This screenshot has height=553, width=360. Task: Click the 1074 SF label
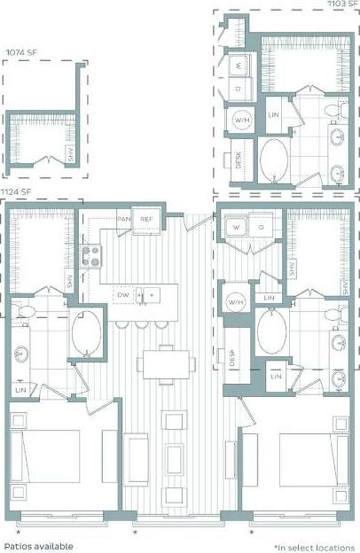20,52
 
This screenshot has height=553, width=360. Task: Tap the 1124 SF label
16,191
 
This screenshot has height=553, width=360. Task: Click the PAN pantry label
124,219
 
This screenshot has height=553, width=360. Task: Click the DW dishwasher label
124,294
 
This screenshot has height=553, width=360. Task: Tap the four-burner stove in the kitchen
90,256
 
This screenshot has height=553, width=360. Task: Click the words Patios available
44,546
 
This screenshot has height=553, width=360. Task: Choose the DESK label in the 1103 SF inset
239,160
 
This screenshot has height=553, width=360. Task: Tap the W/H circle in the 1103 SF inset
240,120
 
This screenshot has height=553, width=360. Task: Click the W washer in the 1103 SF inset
239,66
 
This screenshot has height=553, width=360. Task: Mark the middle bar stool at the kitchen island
141,324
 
